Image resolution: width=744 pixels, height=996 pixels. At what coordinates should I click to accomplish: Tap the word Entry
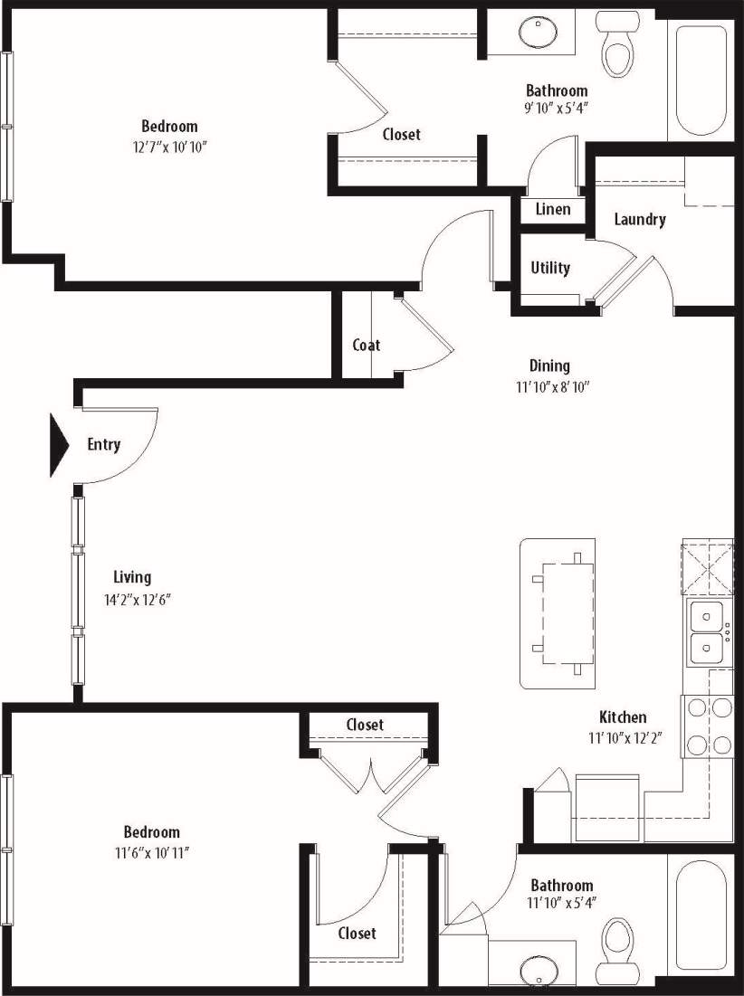pyautogui.click(x=104, y=444)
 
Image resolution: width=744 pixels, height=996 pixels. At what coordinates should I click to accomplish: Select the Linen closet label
pyautogui.click(x=553, y=210)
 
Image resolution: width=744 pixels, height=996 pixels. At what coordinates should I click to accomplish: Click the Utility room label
pyautogui.click(x=550, y=268)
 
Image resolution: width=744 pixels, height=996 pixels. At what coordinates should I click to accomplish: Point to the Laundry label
pyautogui.click(x=640, y=219)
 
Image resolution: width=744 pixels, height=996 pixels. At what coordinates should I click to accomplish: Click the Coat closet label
pyautogui.click(x=367, y=345)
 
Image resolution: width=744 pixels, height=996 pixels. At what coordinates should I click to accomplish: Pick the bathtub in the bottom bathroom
pyautogui.click(x=701, y=915)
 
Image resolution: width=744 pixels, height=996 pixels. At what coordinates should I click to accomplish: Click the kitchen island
pyautogui.click(x=558, y=613)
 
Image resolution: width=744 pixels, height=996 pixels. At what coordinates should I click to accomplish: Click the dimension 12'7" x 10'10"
pyautogui.click(x=169, y=147)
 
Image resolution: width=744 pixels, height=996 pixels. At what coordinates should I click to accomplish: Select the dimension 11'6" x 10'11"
pyautogui.click(x=151, y=852)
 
